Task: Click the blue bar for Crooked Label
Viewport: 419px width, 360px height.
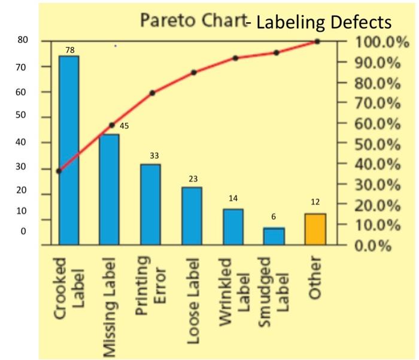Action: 69,150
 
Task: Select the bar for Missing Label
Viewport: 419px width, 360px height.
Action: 109,189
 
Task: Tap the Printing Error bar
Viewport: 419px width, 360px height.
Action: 150,204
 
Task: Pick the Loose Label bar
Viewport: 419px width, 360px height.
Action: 192,216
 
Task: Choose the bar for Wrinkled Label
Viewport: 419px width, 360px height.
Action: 233,226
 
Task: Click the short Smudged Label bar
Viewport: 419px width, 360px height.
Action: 274,236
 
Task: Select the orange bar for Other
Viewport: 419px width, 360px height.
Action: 315,229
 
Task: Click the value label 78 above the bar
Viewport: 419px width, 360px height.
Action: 70,50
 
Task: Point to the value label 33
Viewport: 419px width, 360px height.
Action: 154,156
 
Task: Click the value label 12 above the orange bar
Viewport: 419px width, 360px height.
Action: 315,203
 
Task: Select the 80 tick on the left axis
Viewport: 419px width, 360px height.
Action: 22,41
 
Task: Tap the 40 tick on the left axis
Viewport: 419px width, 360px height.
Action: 22,143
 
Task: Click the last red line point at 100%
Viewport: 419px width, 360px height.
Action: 317,41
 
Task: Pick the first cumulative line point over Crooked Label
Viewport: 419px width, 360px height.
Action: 59,171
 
